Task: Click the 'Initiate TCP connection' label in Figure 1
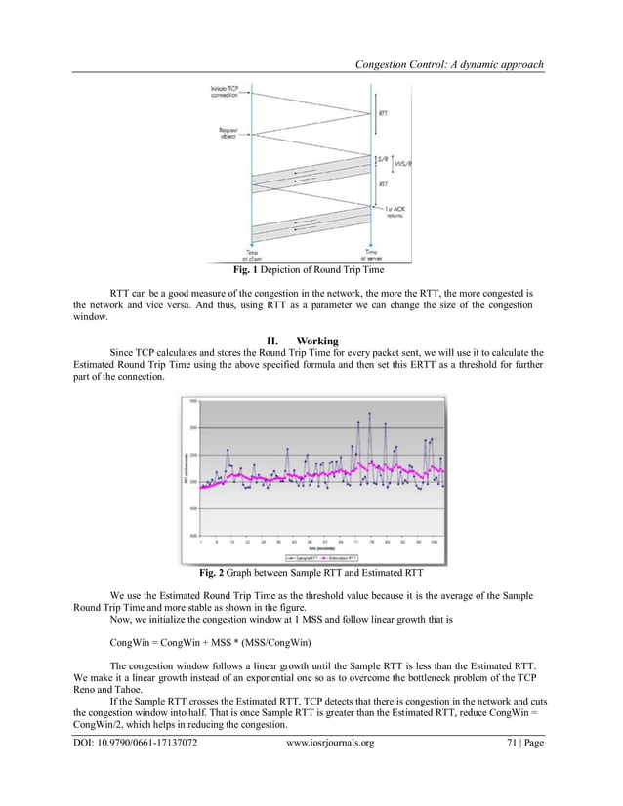coord(226,92)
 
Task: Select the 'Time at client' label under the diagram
coord(251,253)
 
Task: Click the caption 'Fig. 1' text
coord(242,269)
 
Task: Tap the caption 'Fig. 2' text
coord(210,573)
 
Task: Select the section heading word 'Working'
coord(317,341)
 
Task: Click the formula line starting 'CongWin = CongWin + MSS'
coord(211,643)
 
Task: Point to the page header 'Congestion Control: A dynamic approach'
coord(449,64)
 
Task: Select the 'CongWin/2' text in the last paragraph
coord(103,726)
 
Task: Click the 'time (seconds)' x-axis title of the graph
coord(312,548)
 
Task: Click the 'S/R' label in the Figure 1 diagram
coord(384,159)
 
